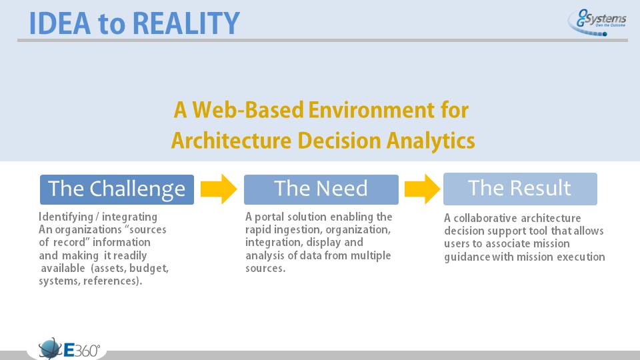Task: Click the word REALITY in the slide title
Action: click(186, 23)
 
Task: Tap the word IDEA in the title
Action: click(59, 23)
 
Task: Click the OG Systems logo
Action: click(597, 23)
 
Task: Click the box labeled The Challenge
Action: click(117, 189)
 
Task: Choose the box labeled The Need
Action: click(321, 189)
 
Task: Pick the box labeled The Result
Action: click(520, 189)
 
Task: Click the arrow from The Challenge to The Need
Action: click(219, 189)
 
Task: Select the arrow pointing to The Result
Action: click(423, 189)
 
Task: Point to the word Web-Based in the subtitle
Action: click(248, 110)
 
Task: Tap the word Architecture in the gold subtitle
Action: click(231, 141)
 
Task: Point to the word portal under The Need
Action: click(269, 217)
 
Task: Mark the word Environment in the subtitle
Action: click(365, 110)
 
